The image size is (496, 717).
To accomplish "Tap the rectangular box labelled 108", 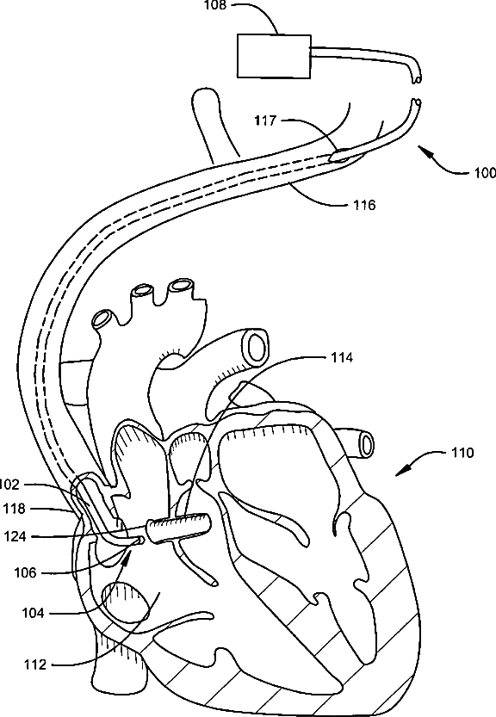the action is click(274, 56).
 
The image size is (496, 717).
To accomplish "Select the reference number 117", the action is click(266, 121).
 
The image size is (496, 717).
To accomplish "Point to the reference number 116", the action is click(364, 206).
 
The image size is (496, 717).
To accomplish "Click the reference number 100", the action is click(485, 173).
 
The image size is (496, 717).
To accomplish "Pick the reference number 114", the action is click(342, 357).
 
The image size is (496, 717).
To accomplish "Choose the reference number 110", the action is click(462, 453).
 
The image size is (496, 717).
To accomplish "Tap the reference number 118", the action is click(14, 509).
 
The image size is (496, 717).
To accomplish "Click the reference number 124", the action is click(15, 536).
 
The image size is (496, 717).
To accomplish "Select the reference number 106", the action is click(25, 572).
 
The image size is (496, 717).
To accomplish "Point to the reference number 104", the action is click(33, 613).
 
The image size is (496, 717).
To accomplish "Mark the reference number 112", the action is click(35, 664).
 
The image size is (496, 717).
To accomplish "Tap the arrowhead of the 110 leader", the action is click(401, 472).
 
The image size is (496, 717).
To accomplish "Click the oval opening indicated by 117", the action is click(341, 156).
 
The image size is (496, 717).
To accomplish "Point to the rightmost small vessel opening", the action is click(367, 444).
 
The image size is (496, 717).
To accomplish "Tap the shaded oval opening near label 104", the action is click(125, 603).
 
